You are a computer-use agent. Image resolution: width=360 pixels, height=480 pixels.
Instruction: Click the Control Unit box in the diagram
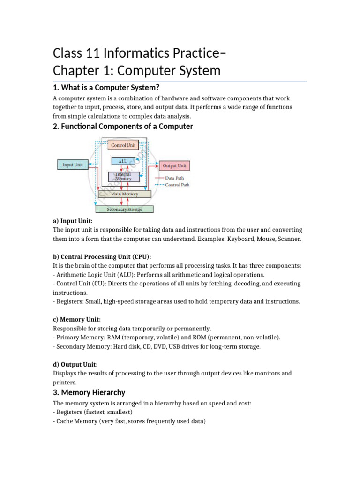click(123, 145)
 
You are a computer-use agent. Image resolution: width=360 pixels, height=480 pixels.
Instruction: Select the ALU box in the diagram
click(123, 161)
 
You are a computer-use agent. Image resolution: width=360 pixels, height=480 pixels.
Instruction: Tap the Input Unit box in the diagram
click(73, 165)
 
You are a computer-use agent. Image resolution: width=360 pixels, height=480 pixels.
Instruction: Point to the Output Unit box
click(175, 165)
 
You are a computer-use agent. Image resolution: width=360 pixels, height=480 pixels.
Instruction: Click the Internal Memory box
click(123, 177)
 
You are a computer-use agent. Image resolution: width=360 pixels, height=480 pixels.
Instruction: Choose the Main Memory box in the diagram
click(124, 194)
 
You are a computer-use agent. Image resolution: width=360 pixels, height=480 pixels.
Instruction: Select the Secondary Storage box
click(125, 209)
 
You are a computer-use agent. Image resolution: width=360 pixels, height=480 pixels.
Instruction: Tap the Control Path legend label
click(177, 185)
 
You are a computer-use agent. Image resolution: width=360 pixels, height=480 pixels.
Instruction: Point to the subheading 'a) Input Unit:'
click(73, 220)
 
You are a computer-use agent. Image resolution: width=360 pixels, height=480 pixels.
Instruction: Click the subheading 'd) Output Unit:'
click(75, 364)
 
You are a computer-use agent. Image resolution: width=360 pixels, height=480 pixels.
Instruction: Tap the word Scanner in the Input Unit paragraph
click(289, 239)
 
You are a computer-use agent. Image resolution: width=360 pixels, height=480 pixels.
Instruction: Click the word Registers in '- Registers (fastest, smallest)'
click(71, 412)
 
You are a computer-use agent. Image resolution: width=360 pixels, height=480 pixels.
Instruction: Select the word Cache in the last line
click(66, 421)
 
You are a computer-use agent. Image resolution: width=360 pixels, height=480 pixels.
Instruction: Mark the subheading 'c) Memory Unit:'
click(76, 319)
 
